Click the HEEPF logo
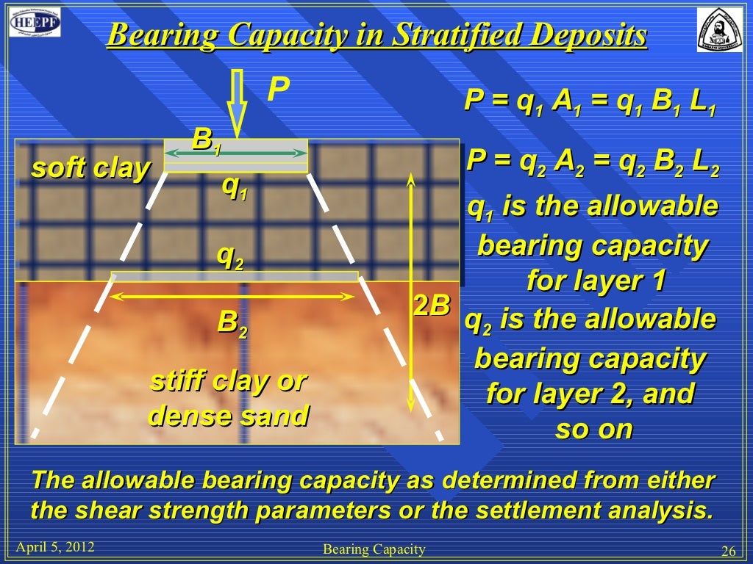coord(35,23)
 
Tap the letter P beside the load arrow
coord(277,90)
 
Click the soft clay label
coord(90,169)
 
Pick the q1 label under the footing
coord(235,189)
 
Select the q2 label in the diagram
coord(229,256)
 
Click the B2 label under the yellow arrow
coord(232,323)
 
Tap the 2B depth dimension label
coord(431,305)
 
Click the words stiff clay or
coord(228,382)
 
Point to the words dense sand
coord(228,416)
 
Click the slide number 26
coord(729,552)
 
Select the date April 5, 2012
coord(55,547)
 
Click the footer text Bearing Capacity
coord(374,549)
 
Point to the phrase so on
coord(593,429)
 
